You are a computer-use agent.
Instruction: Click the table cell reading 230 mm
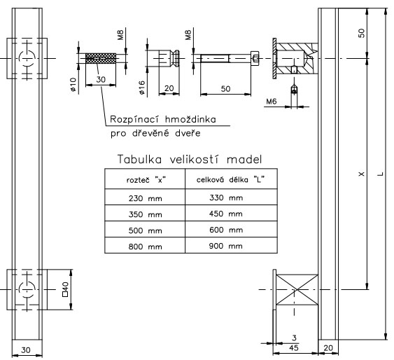click(145, 198)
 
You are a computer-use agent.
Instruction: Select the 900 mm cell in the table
click(225, 246)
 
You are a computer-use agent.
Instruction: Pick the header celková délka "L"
click(230, 179)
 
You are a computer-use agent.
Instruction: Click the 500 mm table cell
click(145, 230)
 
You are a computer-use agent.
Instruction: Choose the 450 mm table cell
click(225, 214)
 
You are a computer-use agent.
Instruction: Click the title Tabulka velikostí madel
click(190, 159)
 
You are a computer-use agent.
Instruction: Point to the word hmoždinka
click(190, 119)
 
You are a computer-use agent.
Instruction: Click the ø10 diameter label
click(73, 85)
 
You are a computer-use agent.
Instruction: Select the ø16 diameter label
click(142, 88)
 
